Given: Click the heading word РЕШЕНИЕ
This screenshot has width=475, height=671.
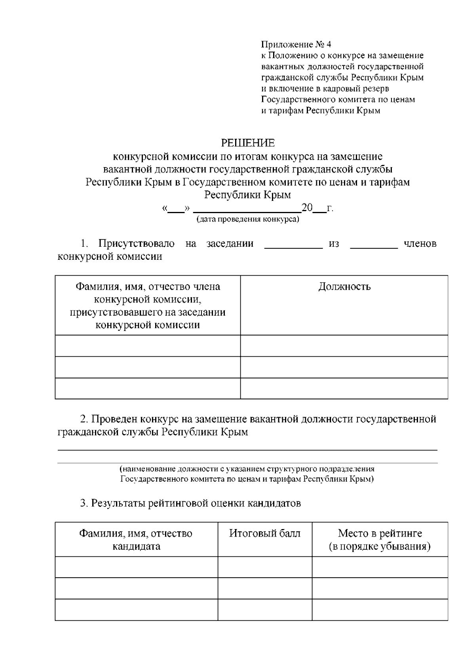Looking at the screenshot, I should click(247, 143).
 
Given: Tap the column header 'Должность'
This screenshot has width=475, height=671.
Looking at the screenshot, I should click(344, 287).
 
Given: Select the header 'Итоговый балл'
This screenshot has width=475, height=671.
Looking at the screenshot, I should click(264, 533).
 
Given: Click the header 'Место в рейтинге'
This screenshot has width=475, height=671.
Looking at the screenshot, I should click(380, 533).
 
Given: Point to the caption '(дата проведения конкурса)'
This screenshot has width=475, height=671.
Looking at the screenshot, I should click(248, 219).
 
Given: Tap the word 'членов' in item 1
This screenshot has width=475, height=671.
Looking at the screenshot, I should click(420, 244).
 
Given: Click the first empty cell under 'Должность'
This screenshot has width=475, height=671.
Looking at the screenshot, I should click(344, 346).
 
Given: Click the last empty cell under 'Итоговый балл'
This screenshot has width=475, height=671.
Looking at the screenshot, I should click(264, 610).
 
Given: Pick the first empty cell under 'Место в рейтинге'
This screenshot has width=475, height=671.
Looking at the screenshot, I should click(380, 567).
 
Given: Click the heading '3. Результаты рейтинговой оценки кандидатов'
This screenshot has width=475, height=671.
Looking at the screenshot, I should click(190, 503).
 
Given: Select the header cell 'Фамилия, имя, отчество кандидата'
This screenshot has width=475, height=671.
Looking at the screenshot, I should click(136, 540).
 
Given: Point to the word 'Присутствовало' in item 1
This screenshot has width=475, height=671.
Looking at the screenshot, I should click(137, 244).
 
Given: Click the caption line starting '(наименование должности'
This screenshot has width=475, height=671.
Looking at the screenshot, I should click(247, 469).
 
